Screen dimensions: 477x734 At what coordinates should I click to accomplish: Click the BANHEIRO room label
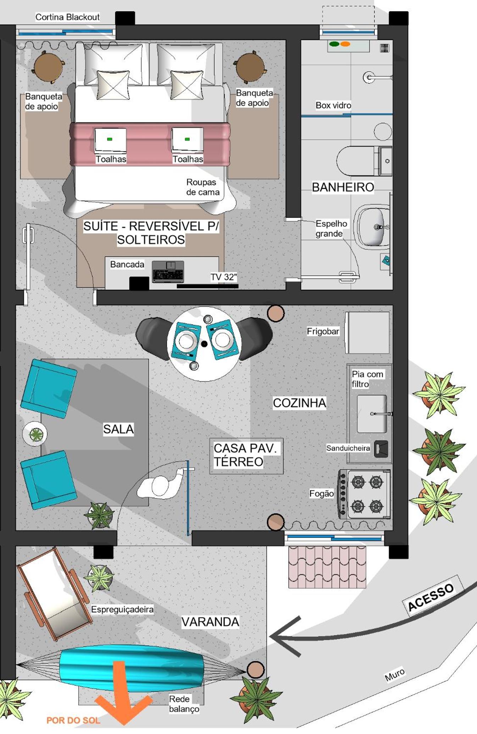pyautogui.click(x=343, y=187)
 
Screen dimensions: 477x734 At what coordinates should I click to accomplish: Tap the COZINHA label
pyautogui.click(x=299, y=403)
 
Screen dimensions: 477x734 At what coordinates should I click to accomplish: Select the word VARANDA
pyautogui.click(x=210, y=622)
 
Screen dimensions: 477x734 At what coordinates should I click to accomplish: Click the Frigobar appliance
pyautogui.click(x=367, y=333)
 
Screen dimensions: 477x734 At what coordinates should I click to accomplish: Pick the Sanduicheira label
pyautogui.click(x=348, y=448)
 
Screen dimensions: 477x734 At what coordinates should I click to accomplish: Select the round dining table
pyautogui.click(x=204, y=344)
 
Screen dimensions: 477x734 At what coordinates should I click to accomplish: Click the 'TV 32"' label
pyautogui.click(x=223, y=277)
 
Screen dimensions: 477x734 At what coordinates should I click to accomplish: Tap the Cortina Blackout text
pyautogui.click(x=67, y=17)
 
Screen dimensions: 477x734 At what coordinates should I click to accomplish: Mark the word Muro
pyautogui.click(x=394, y=674)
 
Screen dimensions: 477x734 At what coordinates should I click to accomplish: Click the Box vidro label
pyautogui.click(x=333, y=105)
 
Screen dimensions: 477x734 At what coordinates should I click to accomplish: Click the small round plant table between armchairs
pyautogui.click(x=35, y=434)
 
